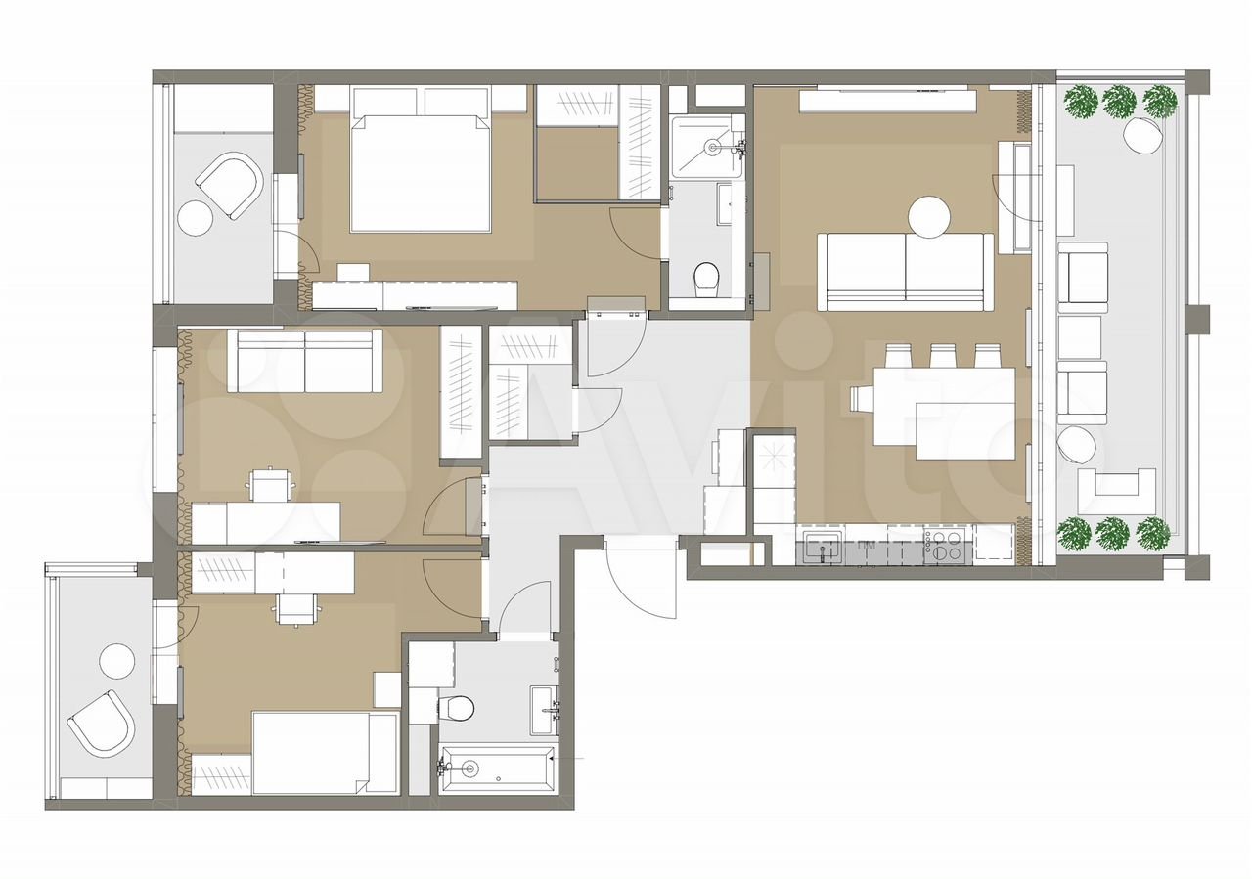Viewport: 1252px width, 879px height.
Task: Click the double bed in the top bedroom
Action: [x=421, y=173]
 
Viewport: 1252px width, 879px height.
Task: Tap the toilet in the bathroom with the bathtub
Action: [x=457, y=708]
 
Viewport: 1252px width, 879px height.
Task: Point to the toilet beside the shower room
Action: [x=707, y=279]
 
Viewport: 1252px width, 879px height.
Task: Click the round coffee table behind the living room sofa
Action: [x=929, y=217]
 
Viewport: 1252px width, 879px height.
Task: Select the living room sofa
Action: [x=906, y=272]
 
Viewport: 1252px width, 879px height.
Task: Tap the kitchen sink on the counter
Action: [x=823, y=545]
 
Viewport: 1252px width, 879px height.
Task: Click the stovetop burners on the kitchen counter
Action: [x=942, y=545]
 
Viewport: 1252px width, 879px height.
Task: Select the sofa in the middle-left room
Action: [x=304, y=361]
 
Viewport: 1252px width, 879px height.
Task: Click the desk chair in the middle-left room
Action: [x=269, y=484]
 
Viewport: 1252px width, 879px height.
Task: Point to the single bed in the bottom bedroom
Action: [x=326, y=753]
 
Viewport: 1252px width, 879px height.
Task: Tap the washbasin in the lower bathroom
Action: [x=544, y=711]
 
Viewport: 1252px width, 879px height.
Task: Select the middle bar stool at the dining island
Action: [x=942, y=356]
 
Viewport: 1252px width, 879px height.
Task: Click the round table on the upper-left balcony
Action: [x=195, y=218]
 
